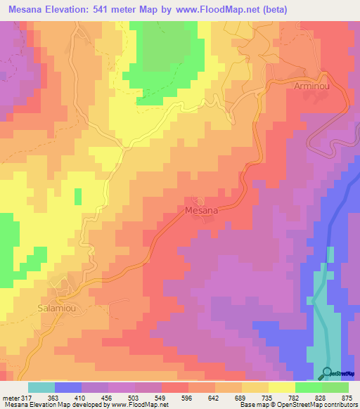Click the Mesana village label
coord(201,209)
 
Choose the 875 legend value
coord(347,398)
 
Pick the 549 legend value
coord(148,398)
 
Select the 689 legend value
coord(228,398)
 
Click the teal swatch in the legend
coord(41,387)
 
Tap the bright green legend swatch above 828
coord(309,387)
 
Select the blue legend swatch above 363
coord(68,387)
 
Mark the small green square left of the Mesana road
coord(78,195)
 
